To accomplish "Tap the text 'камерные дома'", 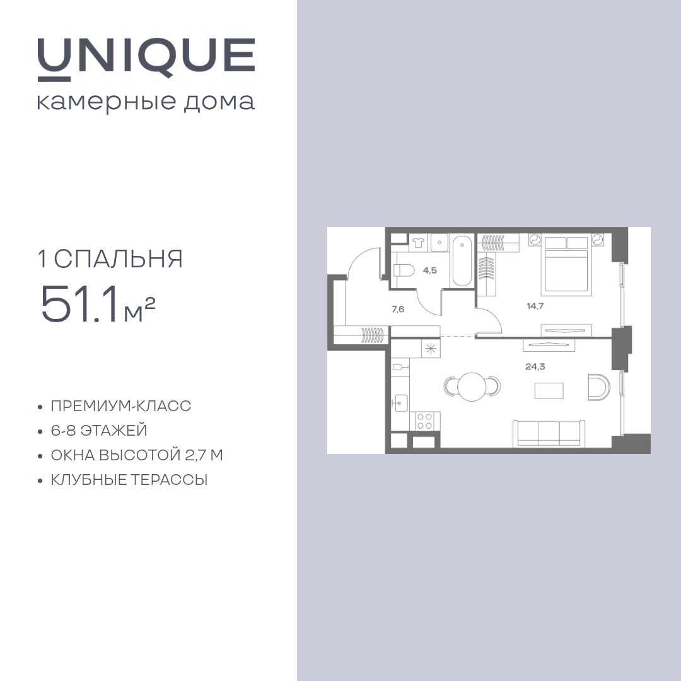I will tap(146, 102).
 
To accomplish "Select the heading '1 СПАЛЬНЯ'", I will tap(110, 259).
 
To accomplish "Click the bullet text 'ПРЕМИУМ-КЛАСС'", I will tap(120, 406).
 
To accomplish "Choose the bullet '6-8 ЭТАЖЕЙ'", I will tap(99, 431).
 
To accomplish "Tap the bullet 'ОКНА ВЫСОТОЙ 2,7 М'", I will tap(137, 455).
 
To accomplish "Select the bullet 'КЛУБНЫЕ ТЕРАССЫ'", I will tap(129, 480).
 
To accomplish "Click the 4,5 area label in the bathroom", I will tap(429, 271).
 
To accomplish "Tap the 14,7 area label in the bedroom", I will tap(535, 306).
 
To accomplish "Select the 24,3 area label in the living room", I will tap(535, 366).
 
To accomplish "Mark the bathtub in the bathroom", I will tap(462, 260).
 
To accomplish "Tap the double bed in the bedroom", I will tap(566, 265).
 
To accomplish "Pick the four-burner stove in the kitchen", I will tap(424, 421).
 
